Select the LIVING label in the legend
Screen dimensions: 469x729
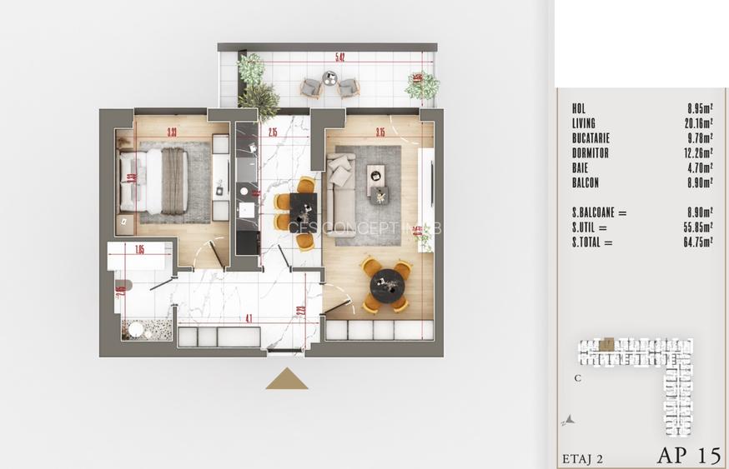(584, 123)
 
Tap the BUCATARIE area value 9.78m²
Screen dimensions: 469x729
(698, 138)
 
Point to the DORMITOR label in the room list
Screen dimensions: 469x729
(591, 153)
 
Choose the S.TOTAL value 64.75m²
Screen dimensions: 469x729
(697, 243)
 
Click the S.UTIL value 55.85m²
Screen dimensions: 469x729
(697, 228)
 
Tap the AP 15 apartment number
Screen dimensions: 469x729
(688, 455)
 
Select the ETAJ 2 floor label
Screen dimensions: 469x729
(581, 457)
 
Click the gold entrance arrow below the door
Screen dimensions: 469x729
(287, 379)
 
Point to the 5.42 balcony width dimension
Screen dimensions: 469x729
(340, 57)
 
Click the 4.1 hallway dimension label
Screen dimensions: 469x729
(249, 317)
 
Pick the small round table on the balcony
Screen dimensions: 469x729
(329, 78)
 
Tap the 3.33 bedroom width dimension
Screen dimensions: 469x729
(171, 132)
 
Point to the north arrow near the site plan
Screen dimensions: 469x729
(569, 421)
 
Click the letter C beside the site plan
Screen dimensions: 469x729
(577, 377)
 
